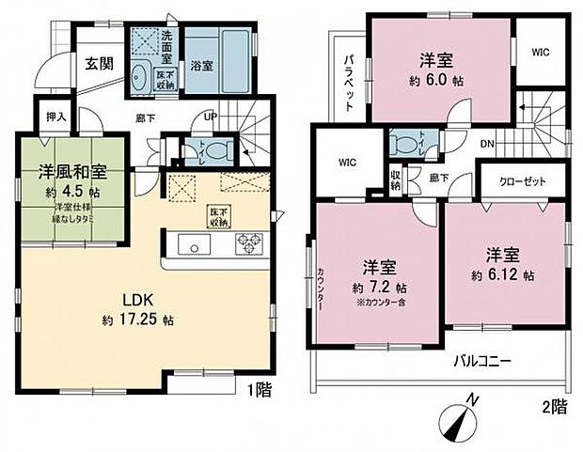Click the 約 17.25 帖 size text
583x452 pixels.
coord(139,320)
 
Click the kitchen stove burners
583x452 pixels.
coord(248,243)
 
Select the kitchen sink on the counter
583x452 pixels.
coord(194,245)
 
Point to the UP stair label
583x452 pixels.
coord(211,117)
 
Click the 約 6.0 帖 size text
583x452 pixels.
coord(437,82)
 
